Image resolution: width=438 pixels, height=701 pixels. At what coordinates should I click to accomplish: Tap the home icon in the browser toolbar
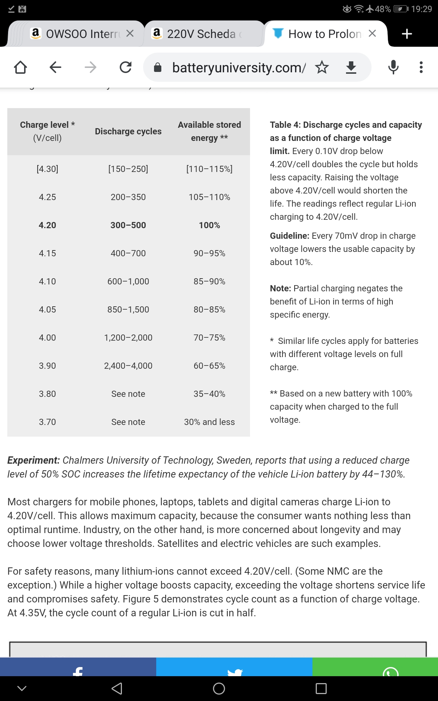point(20,67)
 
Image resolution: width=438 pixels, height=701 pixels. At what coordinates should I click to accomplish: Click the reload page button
point(126,67)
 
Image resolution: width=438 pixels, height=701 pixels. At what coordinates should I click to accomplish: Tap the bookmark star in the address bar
point(322,67)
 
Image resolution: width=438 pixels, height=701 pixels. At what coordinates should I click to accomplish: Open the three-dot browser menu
point(421,67)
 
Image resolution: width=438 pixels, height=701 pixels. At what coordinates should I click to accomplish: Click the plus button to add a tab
point(407,34)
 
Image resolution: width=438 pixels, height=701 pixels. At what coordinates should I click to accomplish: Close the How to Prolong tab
point(372,34)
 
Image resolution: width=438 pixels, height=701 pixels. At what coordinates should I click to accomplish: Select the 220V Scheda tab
point(201,34)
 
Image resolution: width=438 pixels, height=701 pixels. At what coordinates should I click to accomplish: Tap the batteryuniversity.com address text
point(239,68)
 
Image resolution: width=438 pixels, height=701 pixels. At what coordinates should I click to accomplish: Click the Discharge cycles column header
point(128,131)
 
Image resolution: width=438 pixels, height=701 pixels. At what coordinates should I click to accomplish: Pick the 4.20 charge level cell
point(47,225)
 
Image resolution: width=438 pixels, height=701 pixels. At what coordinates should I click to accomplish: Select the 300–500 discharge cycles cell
point(128,225)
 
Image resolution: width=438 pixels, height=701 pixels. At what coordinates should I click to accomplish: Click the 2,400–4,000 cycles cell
point(128,366)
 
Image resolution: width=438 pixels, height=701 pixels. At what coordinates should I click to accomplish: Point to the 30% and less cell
point(209,422)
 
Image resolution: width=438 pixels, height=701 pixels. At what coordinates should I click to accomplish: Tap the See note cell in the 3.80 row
point(128,394)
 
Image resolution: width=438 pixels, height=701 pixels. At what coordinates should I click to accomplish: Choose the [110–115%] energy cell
point(209,169)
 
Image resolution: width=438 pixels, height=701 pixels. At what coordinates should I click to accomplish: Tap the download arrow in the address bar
point(351,67)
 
